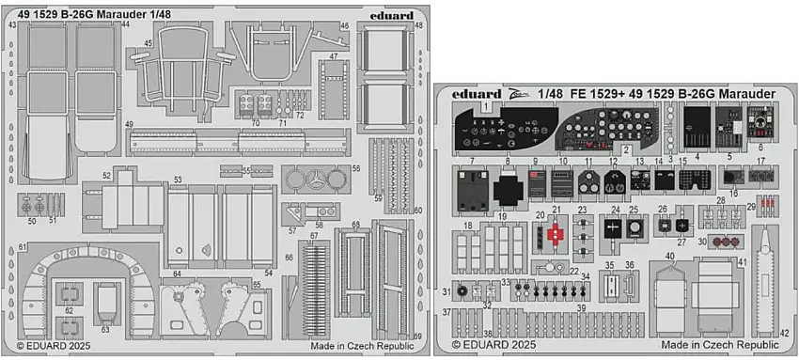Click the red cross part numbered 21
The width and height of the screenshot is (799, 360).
(x=556, y=232)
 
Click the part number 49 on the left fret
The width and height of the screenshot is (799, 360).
(x=129, y=125)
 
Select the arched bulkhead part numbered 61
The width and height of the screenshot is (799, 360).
(x=86, y=273)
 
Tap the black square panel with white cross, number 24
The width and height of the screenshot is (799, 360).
(x=613, y=227)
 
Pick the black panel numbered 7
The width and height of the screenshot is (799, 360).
(x=468, y=190)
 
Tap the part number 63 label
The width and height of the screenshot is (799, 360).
(x=104, y=330)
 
